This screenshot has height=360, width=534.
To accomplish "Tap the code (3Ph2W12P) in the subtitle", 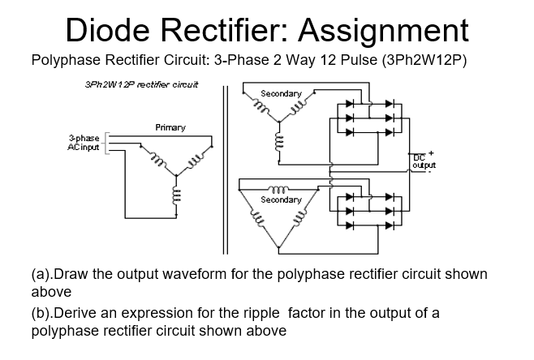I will pos(426,62).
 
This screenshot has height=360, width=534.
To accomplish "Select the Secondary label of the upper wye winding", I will pos(281,94).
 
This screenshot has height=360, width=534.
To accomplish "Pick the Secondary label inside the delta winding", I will pos(281,199).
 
